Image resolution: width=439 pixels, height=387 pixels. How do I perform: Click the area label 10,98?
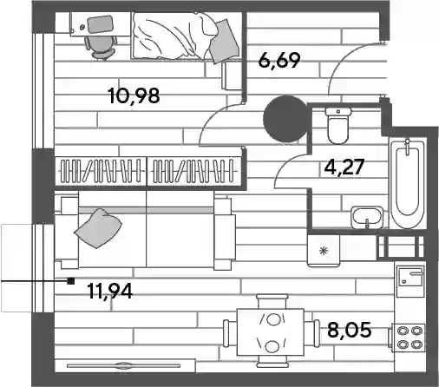point(134,95)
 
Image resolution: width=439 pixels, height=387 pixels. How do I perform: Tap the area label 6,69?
point(279,61)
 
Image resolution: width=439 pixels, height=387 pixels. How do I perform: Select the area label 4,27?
point(344,167)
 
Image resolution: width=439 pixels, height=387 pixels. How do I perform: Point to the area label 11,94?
point(110,291)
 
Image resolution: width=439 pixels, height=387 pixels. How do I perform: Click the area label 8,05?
point(350,330)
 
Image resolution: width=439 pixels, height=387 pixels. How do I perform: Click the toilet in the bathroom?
point(338,126)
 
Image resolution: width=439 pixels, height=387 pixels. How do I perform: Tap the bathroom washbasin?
point(367,218)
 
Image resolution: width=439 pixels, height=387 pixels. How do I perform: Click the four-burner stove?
point(408,338)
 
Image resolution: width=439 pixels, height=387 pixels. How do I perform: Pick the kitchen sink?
point(410,277)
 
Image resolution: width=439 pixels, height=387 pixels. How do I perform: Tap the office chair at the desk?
point(102,48)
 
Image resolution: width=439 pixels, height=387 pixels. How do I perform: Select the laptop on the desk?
point(100,24)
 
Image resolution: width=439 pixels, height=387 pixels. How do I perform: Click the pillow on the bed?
point(224,41)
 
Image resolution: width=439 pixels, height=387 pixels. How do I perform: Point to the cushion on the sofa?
point(98,228)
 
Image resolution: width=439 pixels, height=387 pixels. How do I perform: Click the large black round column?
point(285,119)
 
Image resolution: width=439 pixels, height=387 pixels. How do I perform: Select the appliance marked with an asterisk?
point(324,251)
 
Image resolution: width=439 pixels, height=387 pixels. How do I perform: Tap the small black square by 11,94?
point(71,281)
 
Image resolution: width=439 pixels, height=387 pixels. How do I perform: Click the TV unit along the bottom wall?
point(125,366)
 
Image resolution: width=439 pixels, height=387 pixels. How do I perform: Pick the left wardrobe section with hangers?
point(101,171)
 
